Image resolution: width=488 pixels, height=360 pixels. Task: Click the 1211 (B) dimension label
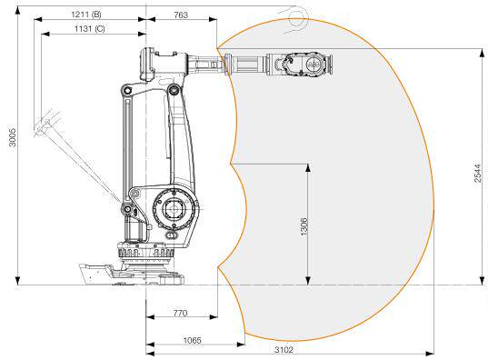click(86, 15)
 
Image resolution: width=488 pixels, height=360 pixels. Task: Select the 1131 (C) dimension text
click(90, 29)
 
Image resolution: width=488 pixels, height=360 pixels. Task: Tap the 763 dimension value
click(181, 15)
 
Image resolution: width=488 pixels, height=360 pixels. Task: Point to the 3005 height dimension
click(12, 137)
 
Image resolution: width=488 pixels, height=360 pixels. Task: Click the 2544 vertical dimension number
click(478, 173)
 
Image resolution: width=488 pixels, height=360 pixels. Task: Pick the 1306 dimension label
click(304, 226)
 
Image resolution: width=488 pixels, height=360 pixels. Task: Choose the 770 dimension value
click(180, 313)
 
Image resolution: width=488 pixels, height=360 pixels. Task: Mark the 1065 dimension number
click(192, 340)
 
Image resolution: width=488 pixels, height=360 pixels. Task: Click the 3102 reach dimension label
click(284, 350)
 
